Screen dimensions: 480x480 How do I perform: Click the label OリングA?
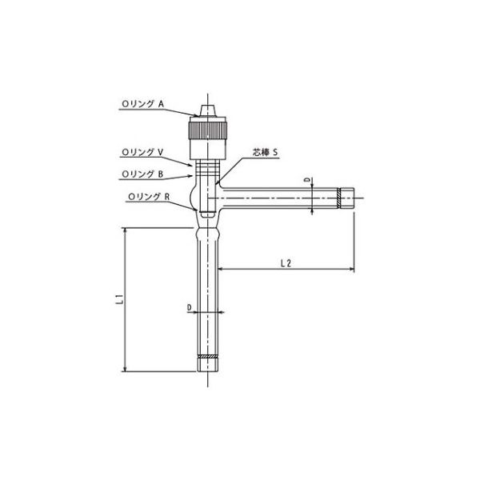tap(143, 104)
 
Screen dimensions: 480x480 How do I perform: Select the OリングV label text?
tap(142, 152)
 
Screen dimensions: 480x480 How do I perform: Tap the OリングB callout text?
tap(142, 174)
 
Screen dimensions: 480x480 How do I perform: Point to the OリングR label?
tap(149, 197)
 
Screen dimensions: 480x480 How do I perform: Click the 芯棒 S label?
tap(265, 152)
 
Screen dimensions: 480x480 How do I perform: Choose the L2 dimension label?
tap(286, 262)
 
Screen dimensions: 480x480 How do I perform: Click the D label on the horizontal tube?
tap(308, 180)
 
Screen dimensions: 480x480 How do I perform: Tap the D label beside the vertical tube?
tap(189, 307)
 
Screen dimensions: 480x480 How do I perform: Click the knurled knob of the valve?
tap(208, 130)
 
